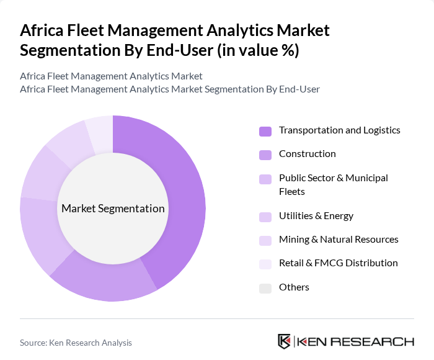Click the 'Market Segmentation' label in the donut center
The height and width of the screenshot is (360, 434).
[113, 209]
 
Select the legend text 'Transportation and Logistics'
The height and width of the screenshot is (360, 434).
[339, 130]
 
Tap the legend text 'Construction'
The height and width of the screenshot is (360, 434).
[307, 154]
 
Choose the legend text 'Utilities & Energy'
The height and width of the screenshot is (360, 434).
[316, 216]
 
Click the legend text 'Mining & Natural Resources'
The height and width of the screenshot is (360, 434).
[339, 240]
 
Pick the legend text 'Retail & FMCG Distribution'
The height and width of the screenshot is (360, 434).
[338, 263]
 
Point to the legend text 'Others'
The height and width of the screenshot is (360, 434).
[294, 287]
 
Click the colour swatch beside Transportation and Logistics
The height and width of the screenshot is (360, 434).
[265, 131]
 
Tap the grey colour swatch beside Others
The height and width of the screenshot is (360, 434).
[265, 287]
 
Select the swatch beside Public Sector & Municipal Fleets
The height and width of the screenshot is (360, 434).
[265, 179]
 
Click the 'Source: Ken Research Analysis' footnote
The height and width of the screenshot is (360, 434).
[76, 343]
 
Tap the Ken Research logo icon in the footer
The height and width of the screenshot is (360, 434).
[285, 341]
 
